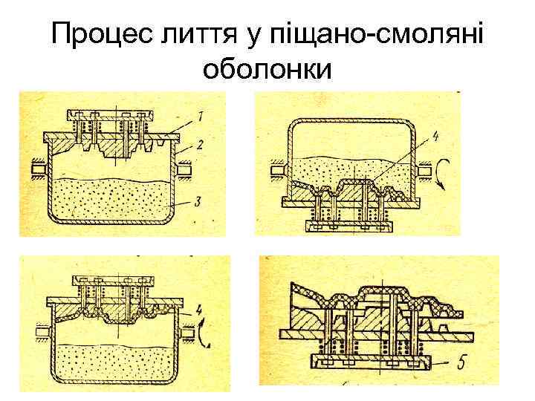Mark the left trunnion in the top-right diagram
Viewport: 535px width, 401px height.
(x=277, y=171)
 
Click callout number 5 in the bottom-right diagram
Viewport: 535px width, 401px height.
(x=463, y=363)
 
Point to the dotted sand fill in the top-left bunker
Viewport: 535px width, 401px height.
(x=111, y=199)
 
